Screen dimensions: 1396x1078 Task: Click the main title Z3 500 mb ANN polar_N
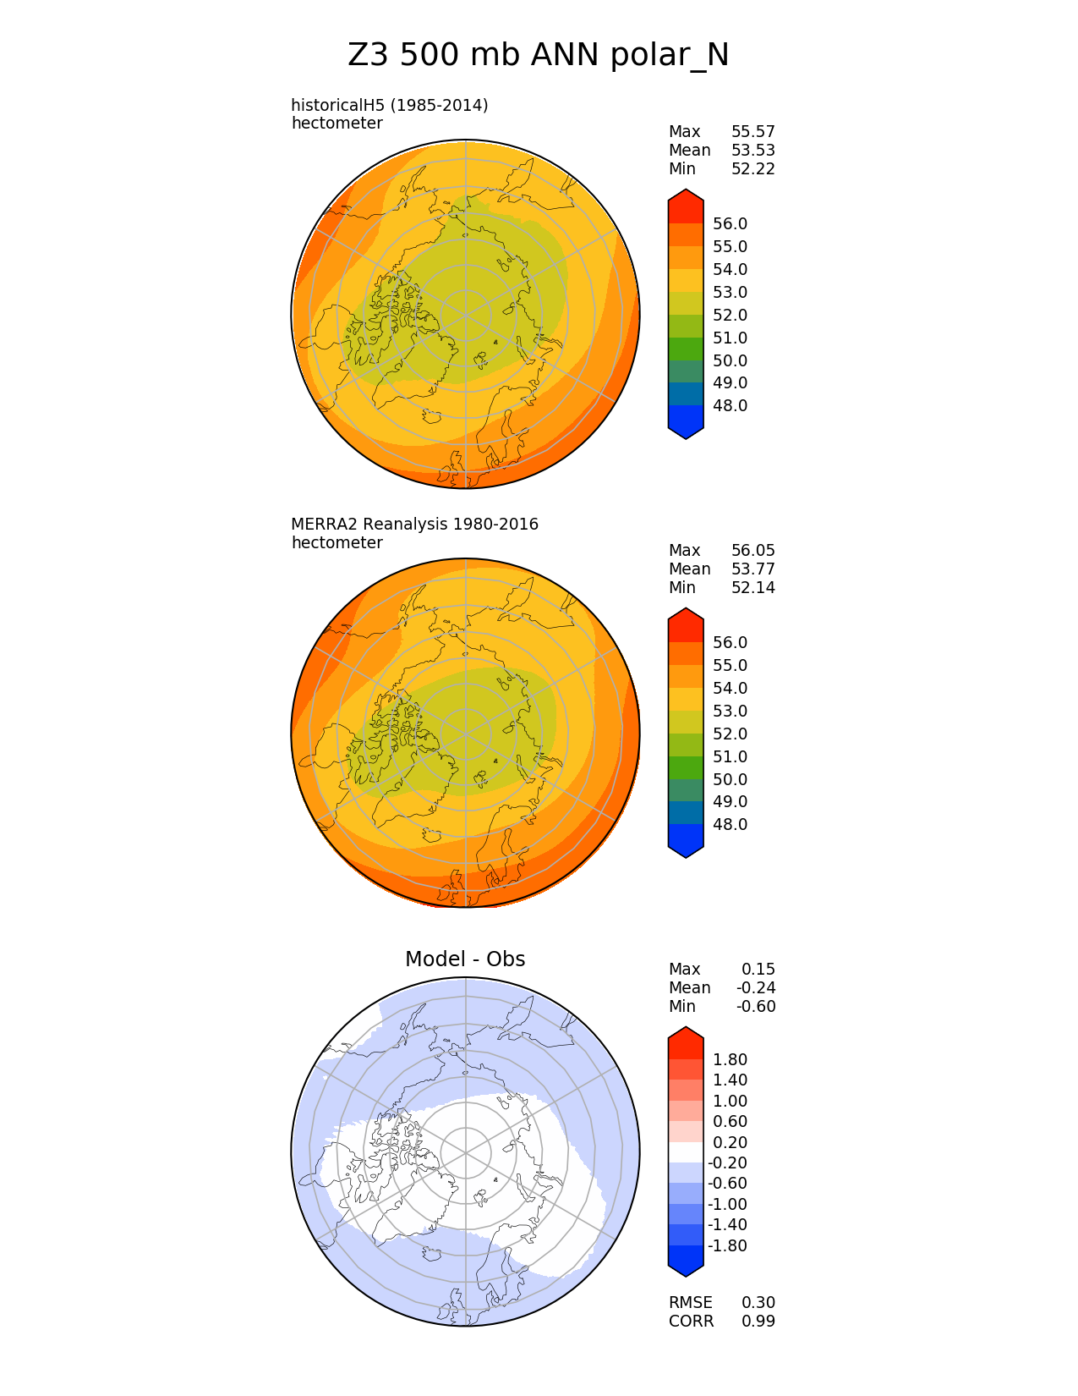[538, 56]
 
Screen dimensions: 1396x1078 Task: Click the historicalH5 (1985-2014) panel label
[389, 105]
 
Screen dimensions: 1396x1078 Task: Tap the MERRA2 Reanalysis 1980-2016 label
[414, 524]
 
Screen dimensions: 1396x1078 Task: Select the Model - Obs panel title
[465, 959]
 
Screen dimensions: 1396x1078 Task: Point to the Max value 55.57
[752, 131]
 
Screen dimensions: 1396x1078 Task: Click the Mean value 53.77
[752, 569]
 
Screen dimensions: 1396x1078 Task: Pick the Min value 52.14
[752, 587]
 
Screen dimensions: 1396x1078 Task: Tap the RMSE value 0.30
[758, 1302]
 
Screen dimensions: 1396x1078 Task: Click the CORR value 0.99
[758, 1321]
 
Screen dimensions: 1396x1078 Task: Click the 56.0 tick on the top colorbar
[730, 223]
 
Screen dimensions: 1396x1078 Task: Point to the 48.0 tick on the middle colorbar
[730, 824]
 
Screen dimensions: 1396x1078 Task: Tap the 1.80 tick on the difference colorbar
[730, 1059]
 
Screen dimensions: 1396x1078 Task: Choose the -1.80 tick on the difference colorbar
[727, 1245]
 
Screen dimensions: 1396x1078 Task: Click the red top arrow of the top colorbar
[686, 205]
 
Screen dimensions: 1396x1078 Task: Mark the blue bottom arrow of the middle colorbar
[686, 843]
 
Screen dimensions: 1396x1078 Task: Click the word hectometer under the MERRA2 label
[337, 542]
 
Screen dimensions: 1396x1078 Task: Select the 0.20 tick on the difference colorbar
[730, 1142]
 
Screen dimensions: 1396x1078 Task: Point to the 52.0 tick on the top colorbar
[730, 315]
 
